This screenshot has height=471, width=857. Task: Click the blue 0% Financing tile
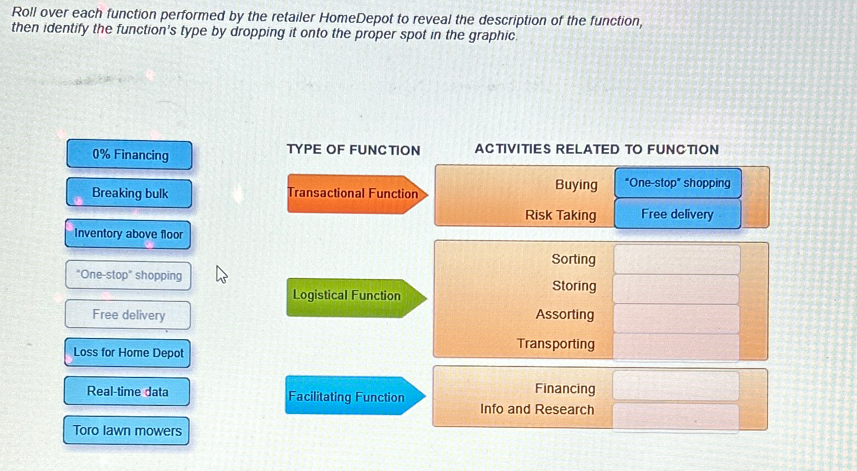coord(130,155)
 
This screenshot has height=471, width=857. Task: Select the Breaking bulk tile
coord(129,193)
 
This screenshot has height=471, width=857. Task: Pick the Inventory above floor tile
coord(128,234)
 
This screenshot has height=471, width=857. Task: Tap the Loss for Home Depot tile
coord(127,353)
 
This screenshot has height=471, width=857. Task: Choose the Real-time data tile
coord(127,391)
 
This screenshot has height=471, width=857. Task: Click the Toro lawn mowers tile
coord(127,431)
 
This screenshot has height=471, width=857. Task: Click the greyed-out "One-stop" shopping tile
coord(128,275)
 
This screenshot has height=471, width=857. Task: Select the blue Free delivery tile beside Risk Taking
coord(678,214)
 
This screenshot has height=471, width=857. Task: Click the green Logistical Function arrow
coord(356,298)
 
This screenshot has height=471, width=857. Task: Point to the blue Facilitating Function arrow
coord(355,396)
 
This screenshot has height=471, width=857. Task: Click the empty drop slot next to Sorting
coord(677,259)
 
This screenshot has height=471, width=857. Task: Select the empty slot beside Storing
coord(677,289)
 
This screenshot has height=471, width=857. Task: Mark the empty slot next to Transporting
coord(676,347)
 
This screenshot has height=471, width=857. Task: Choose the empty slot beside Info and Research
coord(676,417)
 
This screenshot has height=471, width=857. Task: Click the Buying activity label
coord(576,185)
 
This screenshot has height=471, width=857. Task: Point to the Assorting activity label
coord(565,315)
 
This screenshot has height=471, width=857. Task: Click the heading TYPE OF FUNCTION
coord(354,150)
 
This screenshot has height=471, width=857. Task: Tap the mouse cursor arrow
coord(221,274)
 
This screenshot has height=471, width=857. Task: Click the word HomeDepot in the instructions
coord(355,18)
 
